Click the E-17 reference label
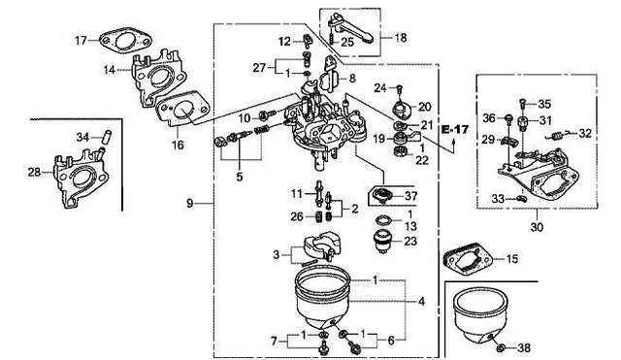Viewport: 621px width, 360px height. (x=455, y=129)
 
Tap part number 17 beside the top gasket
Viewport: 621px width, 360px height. (x=81, y=41)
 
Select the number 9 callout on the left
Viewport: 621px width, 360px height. (x=190, y=203)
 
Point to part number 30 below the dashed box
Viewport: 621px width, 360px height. (x=537, y=227)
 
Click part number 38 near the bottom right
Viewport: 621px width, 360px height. (x=524, y=348)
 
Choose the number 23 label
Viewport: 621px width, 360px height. (x=411, y=241)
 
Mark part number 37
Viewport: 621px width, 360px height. (x=411, y=196)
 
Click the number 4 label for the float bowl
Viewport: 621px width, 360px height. (x=421, y=302)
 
